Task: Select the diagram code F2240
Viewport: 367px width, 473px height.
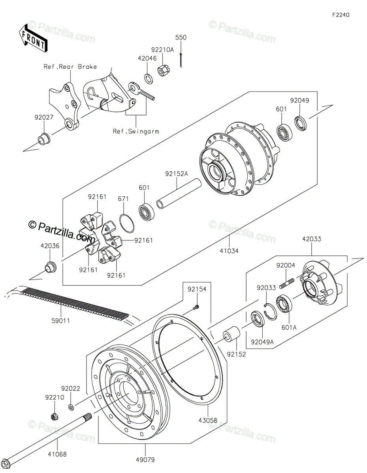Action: pyautogui.click(x=341, y=15)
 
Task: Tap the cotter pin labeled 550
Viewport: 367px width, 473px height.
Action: pyautogui.click(x=181, y=60)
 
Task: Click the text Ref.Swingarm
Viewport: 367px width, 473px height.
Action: pyautogui.click(x=136, y=131)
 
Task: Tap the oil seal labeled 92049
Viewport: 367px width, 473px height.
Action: pyautogui.click(x=301, y=122)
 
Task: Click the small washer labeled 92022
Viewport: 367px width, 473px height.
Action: pyautogui.click(x=70, y=406)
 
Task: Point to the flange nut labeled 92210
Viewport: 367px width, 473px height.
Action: pyautogui.click(x=54, y=416)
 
